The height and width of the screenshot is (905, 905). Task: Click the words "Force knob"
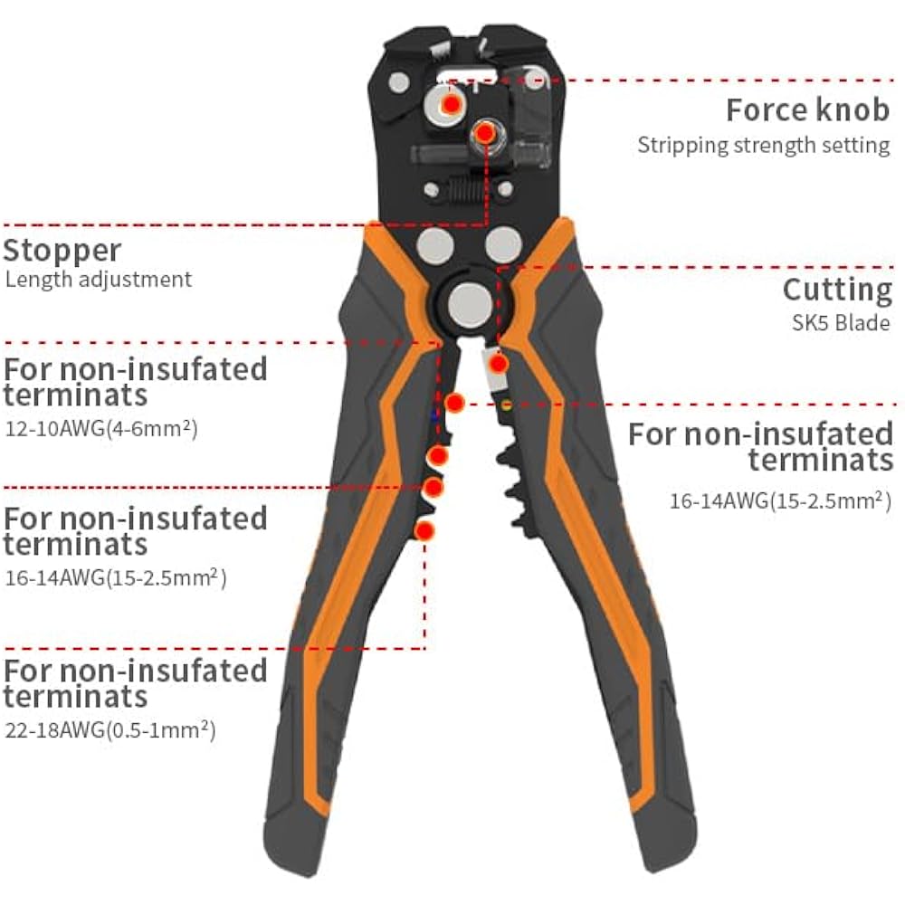point(807,110)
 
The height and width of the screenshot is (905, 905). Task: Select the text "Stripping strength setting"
point(764,145)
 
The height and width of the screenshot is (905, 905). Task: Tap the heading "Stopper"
point(62,250)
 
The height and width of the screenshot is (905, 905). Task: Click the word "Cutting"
point(837,291)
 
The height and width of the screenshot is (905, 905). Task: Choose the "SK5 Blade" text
point(838,323)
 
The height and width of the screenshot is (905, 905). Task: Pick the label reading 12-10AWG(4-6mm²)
point(101,427)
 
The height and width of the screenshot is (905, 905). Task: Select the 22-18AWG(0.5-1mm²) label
point(110,729)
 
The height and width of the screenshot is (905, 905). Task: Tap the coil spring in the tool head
point(462,190)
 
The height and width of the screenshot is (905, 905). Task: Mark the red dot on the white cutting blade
point(497,364)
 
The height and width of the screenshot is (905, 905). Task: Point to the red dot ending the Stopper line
point(485,134)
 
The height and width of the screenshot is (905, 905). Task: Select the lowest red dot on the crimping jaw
point(424,529)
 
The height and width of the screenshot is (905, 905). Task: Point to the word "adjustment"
point(136,279)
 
